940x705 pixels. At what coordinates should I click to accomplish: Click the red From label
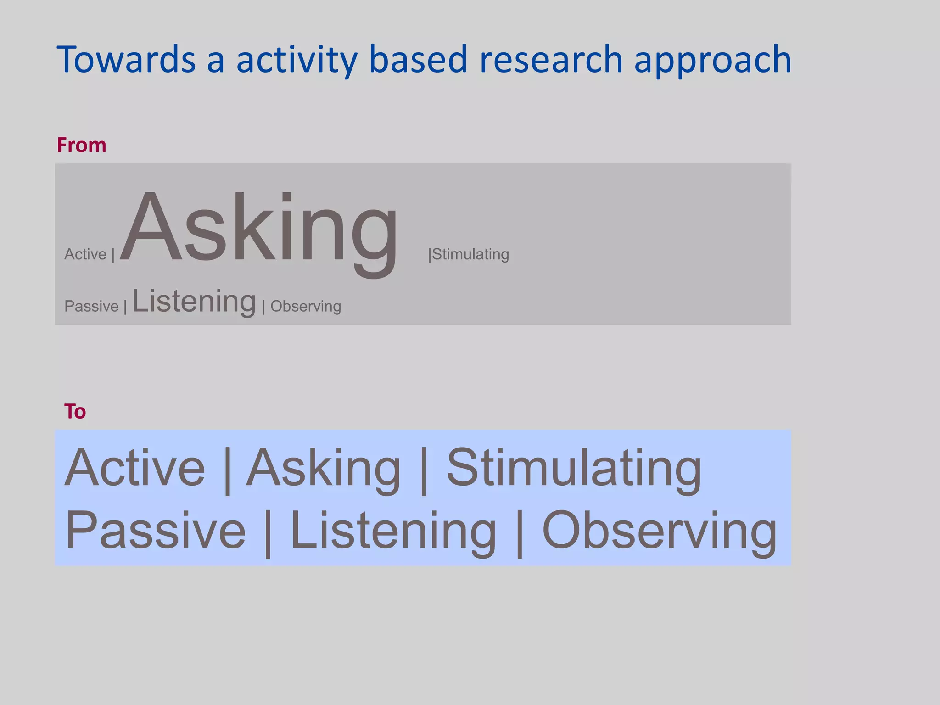[81, 145]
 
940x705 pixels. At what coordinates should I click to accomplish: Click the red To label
[75, 411]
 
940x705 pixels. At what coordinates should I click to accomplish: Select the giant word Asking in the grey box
[259, 229]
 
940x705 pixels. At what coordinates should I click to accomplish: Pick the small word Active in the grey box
[85, 254]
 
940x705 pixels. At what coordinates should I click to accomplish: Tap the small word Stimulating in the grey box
[470, 254]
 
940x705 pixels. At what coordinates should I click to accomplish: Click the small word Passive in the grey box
[91, 306]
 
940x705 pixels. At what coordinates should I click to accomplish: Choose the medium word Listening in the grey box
[194, 302]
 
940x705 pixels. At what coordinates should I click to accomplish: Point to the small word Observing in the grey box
[306, 306]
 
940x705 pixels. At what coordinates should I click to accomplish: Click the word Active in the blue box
[134, 468]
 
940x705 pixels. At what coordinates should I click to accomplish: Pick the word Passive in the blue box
[155, 531]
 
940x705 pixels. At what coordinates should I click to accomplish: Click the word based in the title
[418, 60]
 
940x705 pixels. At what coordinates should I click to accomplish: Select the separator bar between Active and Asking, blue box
[227, 470]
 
